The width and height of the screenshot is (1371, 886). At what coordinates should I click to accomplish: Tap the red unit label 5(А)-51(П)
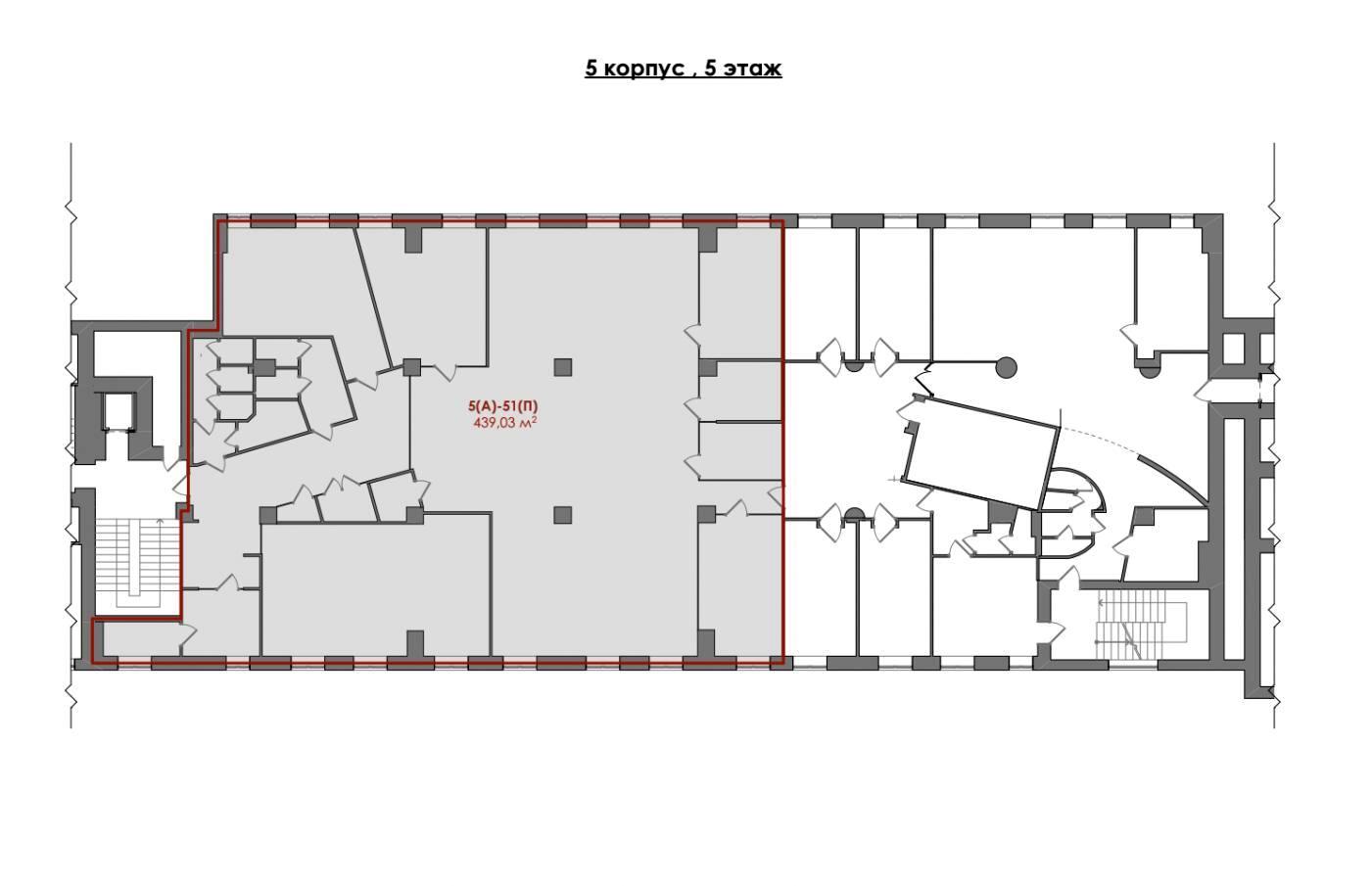point(502,405)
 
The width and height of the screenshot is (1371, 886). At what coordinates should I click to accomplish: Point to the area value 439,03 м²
point(505,422)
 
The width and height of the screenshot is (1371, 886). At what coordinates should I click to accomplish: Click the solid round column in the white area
point(1007,367)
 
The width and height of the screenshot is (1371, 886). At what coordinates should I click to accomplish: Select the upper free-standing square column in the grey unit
point(562,367)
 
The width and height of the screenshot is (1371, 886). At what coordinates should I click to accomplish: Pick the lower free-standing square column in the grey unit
point(562,515)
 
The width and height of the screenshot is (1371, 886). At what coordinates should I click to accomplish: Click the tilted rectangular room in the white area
point(981,453)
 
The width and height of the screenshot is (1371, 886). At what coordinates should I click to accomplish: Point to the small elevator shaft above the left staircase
point(118,411)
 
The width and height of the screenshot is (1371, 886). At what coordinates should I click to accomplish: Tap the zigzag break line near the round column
point(929,380)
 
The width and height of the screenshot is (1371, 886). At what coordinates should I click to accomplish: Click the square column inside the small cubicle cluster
point(265,368)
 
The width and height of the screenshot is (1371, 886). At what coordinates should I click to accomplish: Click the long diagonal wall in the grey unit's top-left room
point(373,298)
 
